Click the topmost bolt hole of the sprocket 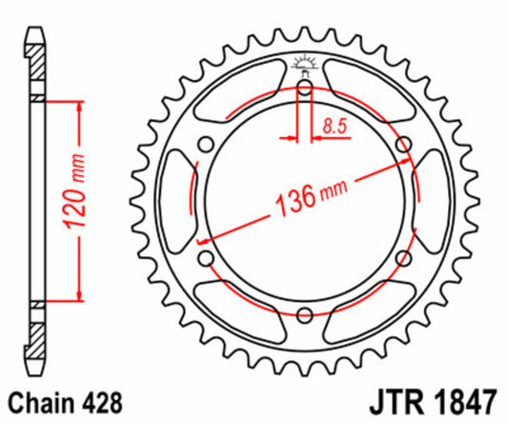pos(304,89)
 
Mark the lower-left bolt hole pos(206,259)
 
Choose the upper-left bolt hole pos(206,145)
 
